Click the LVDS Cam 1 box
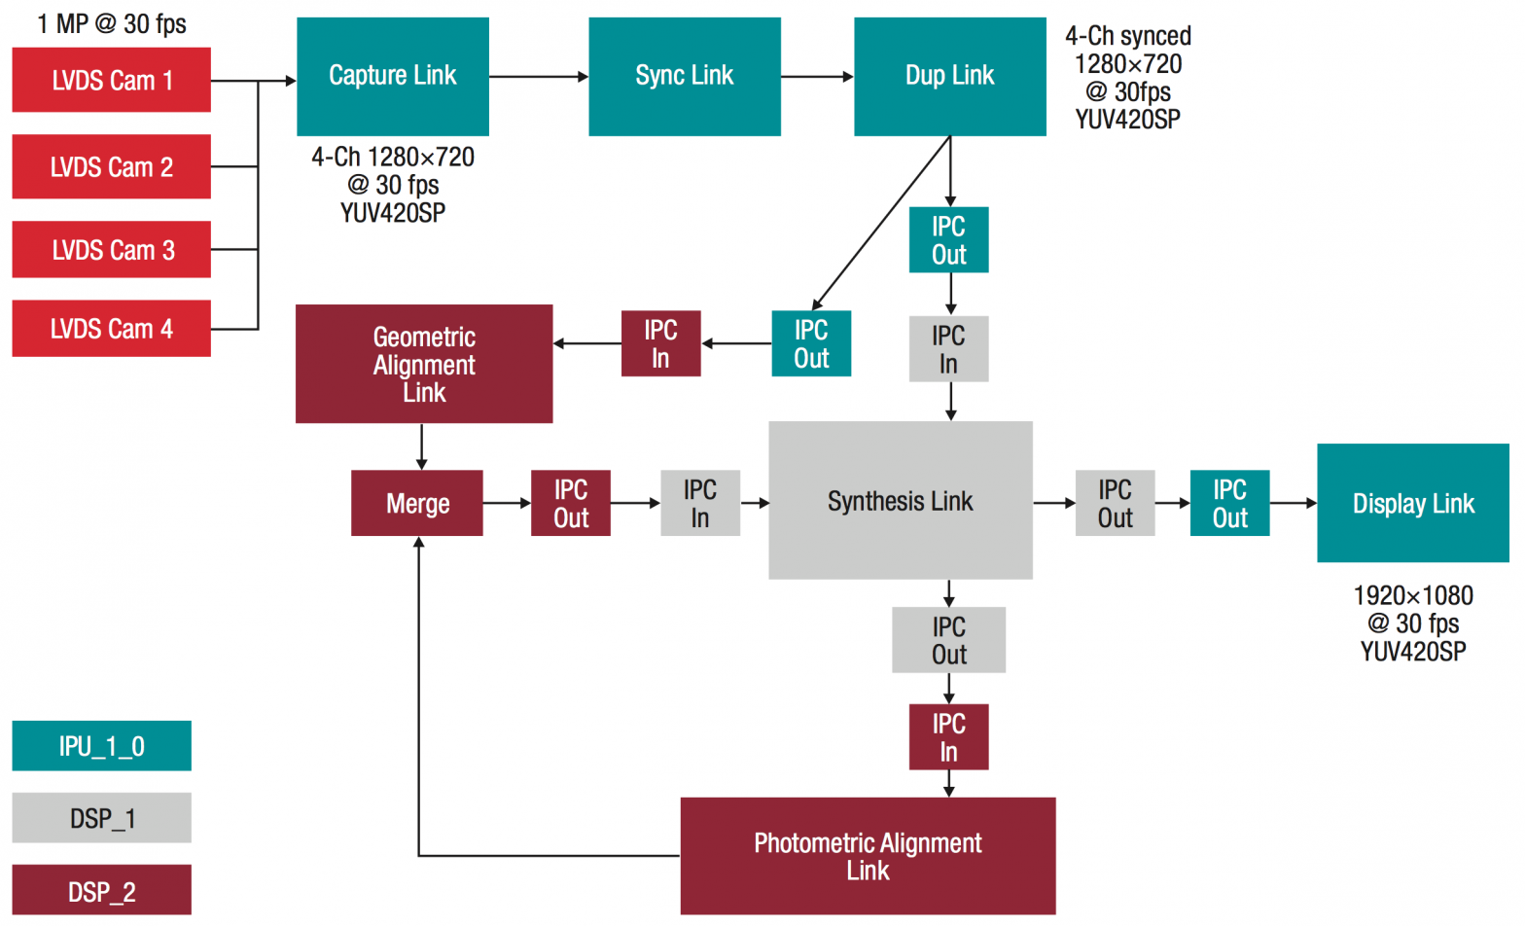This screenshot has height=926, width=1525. [x=111, y=80]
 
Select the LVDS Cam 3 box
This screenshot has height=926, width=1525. [x=111, y=250]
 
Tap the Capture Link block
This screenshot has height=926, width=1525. [x=392, y=76]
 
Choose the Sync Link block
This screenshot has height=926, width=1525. [x=684, y=76]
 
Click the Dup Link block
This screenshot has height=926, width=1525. [x=949, y=76]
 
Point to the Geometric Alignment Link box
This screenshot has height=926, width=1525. [x=424, y=364]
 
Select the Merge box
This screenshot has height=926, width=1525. [x=416, y=503]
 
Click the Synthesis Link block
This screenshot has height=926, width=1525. [x=900, y=500]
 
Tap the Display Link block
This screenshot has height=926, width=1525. [x=1412, y=503]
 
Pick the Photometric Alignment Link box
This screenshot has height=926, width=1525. [x=868, y=856]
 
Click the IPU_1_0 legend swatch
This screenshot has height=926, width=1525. [x=101, y=746]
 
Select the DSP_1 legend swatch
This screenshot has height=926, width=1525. [x=101, y=818]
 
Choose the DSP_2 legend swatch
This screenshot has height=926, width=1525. [x=101, y=890]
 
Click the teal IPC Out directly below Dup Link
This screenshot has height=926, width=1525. [x=948, y=240]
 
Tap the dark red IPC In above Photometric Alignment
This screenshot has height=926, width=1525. [x=948, y=737]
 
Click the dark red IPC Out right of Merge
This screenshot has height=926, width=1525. [x=570, y=503]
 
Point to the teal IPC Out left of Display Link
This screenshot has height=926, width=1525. [x=1229, y=503]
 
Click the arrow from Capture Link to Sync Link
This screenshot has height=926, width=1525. [x=538, y=76]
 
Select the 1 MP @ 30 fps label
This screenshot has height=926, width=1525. [x=112, y=23]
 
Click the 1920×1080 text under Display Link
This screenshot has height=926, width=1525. [x=1412, y=595]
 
